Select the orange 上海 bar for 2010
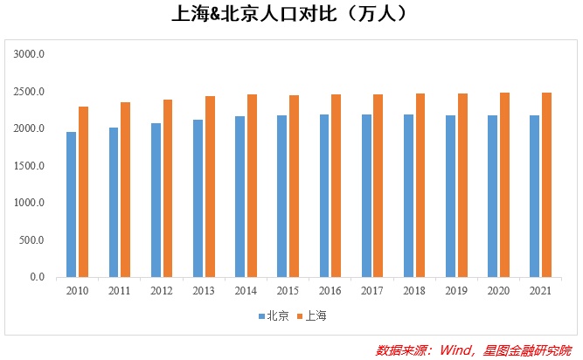(83, 192)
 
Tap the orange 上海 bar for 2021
(546, 185)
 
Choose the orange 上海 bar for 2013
(210, 187)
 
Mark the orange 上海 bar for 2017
(378, 186)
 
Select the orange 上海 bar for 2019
(462, 185)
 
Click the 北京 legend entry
(272, 315)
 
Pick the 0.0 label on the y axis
(37, 277)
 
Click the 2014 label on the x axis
(245, 290)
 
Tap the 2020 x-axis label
(498, 290)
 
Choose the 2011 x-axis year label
(119, 290)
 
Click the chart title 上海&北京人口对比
(290, 15)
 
